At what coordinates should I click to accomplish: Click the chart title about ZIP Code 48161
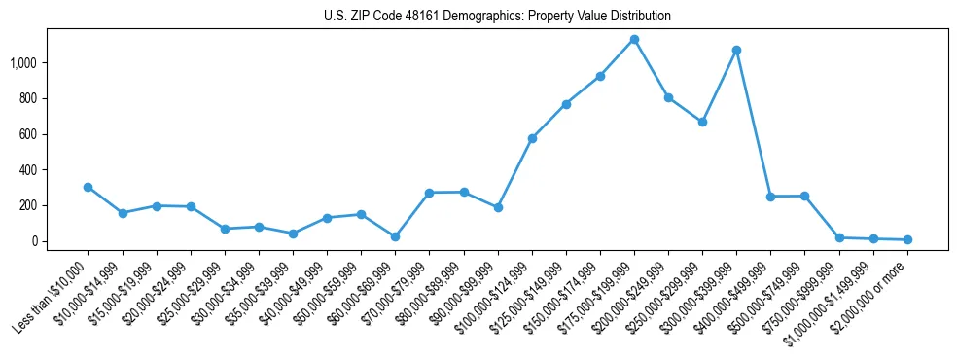click(x=497, y=17)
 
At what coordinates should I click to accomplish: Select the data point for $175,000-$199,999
click(x=634, y=40)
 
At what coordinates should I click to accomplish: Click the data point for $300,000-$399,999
click(x=736, y=50)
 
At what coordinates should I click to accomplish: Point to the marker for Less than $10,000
click(x=89, y=187)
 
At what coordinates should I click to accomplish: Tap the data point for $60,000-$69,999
click(x=395, y=236)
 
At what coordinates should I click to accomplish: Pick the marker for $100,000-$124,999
click(x=532, y=138)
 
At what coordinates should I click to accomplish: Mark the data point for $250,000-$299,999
click(x=702, y=122)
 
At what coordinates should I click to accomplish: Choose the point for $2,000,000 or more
click(x=907, y=239)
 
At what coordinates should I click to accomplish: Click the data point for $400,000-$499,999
click(x=770, y=197)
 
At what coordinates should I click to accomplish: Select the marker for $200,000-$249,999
click(x=668, y=97)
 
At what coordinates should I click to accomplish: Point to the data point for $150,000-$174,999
click(x=600, y=76)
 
